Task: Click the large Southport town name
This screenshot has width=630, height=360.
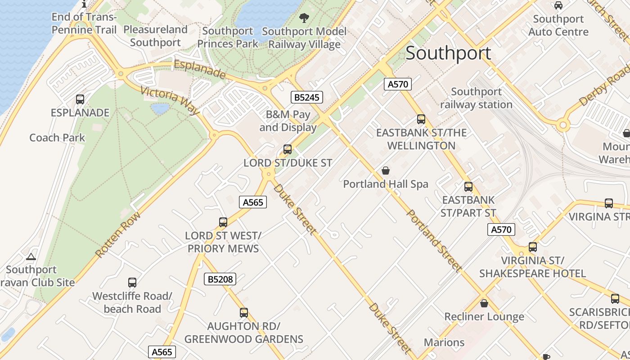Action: (448, 53)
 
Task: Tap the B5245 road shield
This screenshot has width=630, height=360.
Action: (306, 97)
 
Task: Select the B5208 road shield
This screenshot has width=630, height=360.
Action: (220, 279)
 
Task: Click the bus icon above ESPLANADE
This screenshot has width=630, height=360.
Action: (80, 99)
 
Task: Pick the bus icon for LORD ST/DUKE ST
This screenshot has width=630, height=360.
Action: (288, 149)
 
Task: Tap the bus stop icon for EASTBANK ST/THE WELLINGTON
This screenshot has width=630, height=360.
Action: (421, 119)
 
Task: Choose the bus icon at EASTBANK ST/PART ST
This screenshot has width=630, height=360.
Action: (468, 187)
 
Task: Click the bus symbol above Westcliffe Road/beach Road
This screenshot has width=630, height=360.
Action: (132, 283)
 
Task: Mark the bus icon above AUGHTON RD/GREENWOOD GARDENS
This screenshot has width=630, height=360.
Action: (244, 313)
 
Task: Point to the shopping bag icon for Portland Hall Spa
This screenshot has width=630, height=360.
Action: (386, 171)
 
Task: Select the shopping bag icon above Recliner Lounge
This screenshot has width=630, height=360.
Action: (484, 303)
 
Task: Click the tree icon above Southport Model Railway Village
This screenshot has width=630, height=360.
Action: (304, 18)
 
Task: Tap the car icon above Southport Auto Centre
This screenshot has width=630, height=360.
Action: (558, 5)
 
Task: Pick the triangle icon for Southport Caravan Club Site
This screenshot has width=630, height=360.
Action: (31, 257)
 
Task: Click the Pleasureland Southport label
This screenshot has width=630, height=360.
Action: (155, 36)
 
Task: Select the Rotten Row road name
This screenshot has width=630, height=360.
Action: (118, 235)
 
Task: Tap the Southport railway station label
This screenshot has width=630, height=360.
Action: (476, 98)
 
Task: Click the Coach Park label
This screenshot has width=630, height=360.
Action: (57, 138)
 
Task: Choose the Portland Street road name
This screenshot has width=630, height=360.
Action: (434, 241)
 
